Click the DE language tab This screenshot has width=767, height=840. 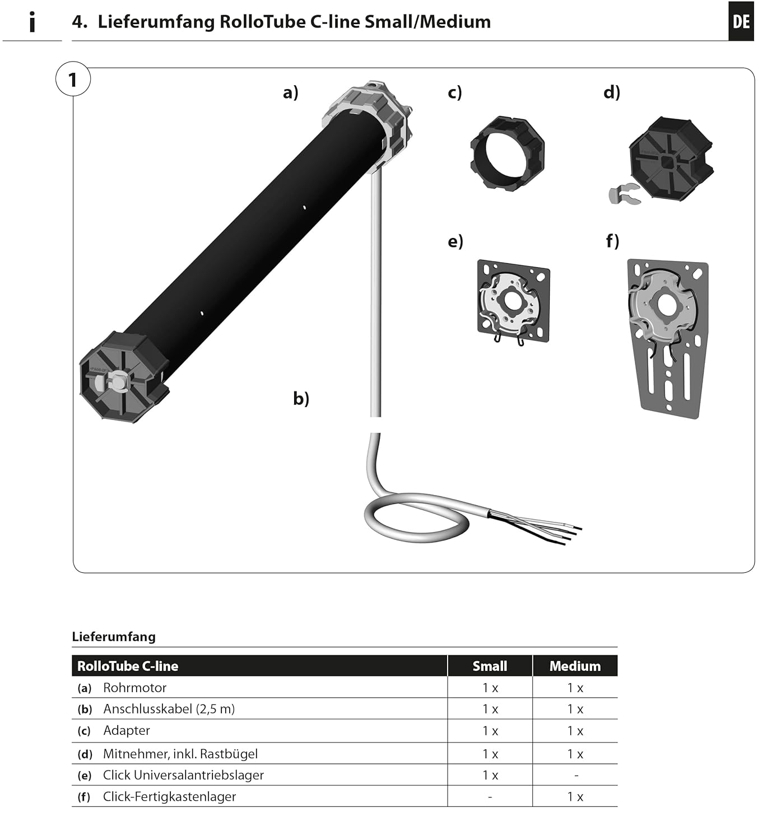pyautogui.click(x=741, y=22)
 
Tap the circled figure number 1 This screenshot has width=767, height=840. pyautogui.click(x=73, y=80)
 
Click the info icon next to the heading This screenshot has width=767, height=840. pyautogui.click(x=32, y=22)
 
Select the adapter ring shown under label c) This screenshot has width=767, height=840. pyautogui.click(x=507, y=153)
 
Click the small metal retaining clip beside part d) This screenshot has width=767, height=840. pyautogui.click(x=622, y=193)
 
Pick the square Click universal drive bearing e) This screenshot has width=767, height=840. pyautogui.click(x=513, y=301)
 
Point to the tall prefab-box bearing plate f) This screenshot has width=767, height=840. pyautogui.click(x=668, y=336)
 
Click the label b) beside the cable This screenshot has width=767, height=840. pyautogui.click(x=301, y=398)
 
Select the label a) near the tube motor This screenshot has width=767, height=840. pyautogui.click(x=290, y=92)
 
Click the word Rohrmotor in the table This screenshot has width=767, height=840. pyautogui.click(x=134, y=688)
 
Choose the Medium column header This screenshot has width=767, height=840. pyautogui.click(x=575, y=666)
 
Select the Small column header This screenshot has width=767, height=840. pyautogui.click(x=490, y=666)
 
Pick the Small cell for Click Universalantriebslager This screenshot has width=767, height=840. pyautogui.click(x=490, y=776)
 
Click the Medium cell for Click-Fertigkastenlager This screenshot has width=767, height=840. pyautogui.click(x=575, y=797)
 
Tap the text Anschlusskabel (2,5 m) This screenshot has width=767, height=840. pyautogui.click(x=169, y=709)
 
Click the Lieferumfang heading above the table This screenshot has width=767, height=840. pyautogui.click(x=114, y=637)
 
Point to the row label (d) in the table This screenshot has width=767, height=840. pyautogui.click(x=85, y=754)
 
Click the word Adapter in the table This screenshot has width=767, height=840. pyautogui.click(x=127, y=730)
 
